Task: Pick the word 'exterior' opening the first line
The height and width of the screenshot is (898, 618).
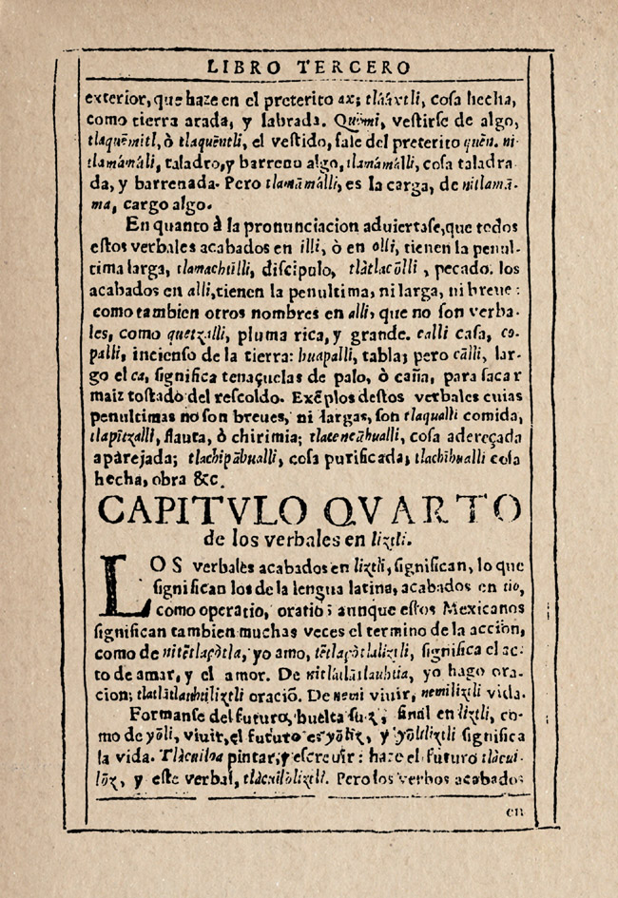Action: (116, 97)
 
